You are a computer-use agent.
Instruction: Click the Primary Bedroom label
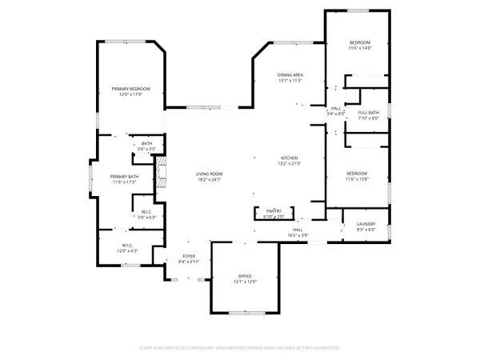tap(130, 89)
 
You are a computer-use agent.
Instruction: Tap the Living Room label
tap(210, 174)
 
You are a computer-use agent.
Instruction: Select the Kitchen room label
tap(289, 158)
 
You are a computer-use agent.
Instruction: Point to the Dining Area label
tap(290, 74)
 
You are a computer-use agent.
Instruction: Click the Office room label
tap(245, 276)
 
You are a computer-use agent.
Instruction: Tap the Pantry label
tap(274, 211)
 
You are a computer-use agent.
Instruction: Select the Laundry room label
tap(366, 225)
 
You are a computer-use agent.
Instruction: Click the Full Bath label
tap(368, 113)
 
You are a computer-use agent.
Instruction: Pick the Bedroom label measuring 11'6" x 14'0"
tap(360, 42)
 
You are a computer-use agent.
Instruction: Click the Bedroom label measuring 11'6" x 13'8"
tap(357, 174)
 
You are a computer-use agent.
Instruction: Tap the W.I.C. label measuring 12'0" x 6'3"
tap(128, 246)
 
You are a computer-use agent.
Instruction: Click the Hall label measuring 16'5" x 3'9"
tap(297, 230)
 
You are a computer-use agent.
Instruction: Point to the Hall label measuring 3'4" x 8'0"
tap(336, 108)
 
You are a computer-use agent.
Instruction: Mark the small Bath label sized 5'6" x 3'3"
tap(147, 144)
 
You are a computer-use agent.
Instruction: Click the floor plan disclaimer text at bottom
tap(240, 348)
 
